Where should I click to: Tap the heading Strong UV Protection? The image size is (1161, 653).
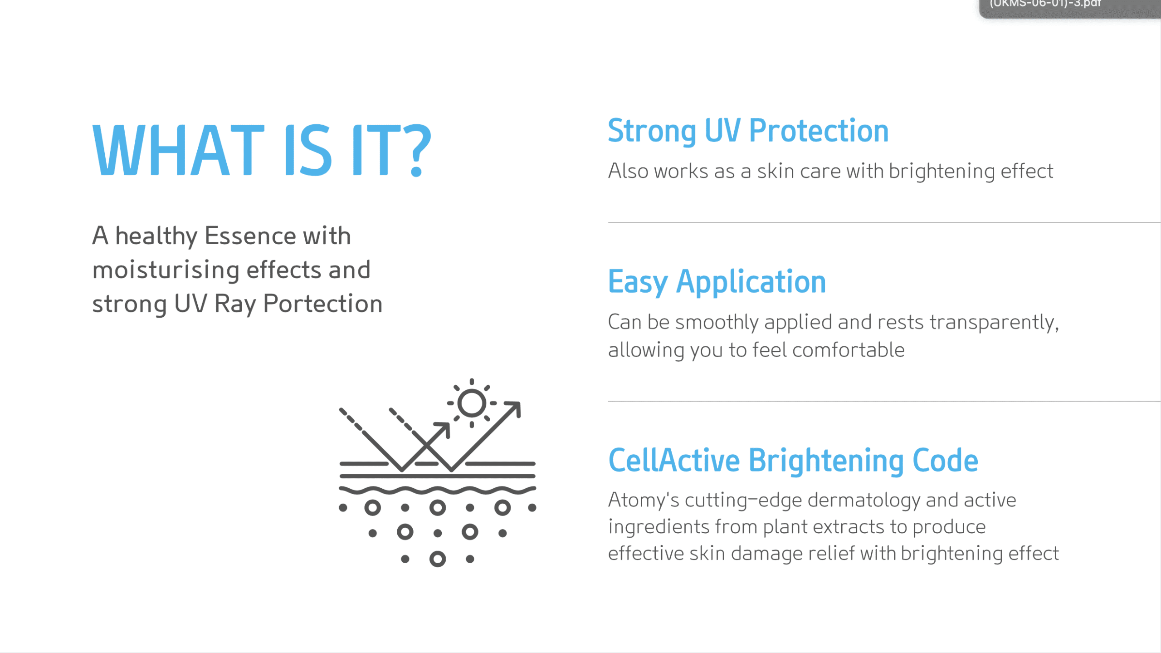tap(748, 131)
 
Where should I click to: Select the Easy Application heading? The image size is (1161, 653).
tap(717, 282)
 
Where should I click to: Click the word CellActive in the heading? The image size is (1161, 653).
tap(674, 460)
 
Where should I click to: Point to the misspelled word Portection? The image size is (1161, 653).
tap(323, 303)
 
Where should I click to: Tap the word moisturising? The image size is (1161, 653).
tap(166, 270)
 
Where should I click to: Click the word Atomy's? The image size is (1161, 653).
tap(644, 500)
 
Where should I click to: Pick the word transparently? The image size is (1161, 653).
tap(994, 322)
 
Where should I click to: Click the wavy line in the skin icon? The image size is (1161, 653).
tap(438, 490)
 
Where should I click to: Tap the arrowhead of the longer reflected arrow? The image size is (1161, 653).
tap(513, 408)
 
